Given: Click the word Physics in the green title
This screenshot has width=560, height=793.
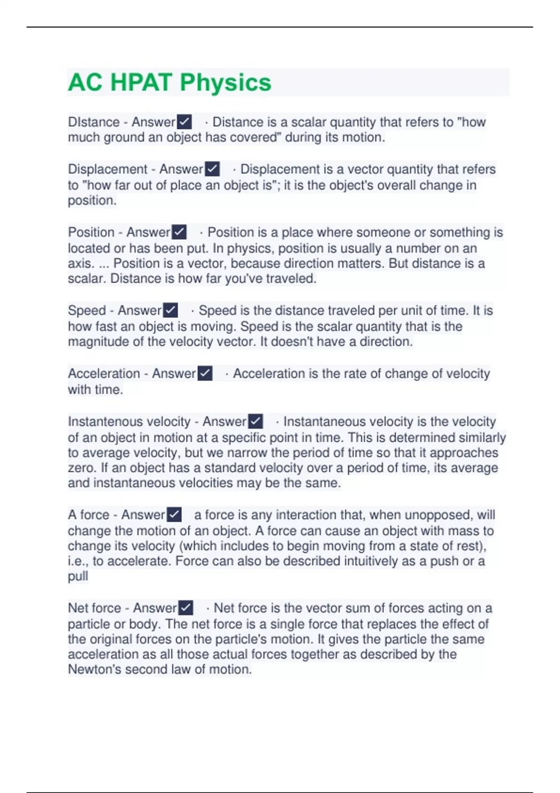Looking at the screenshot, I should click(x=225, y=83).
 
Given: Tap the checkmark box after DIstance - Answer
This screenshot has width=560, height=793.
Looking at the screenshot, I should click(x=184, y=122).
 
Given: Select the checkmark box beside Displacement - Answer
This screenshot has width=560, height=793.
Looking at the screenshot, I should click(x=212, y=169).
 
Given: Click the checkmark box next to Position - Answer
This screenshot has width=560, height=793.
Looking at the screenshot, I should click(x=179, y=232).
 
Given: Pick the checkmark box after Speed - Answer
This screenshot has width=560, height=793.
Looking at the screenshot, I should click(x=171, y=310).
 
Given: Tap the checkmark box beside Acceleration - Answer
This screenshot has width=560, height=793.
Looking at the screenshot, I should click(x=205, y=373).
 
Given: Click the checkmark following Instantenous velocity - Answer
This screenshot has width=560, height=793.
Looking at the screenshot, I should click(x=255, y=421).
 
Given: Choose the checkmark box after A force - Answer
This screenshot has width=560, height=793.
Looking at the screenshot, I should click(x=174, y=515).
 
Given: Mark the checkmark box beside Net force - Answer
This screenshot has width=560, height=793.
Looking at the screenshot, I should click(x=186, y=608).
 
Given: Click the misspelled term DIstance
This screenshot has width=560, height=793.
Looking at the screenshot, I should click(x=94, y=122).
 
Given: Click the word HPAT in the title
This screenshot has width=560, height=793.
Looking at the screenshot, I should click(x=141, y=83).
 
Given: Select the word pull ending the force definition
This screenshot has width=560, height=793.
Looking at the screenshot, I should click(x=78, y=577).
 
